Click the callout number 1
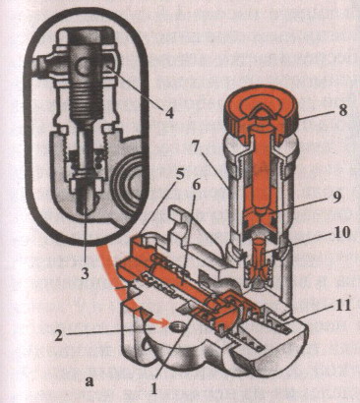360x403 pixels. (153, 388)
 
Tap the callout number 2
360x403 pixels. (58, 336)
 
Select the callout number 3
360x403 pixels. (85, 272)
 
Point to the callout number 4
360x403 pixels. (169, 112)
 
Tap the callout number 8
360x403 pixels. (342, 111)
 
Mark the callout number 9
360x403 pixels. (337, 197)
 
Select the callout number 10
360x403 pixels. (341, 233)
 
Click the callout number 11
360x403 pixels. (341, 306)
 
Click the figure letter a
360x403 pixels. (89, 381)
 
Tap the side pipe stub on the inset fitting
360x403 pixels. (42, 66)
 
